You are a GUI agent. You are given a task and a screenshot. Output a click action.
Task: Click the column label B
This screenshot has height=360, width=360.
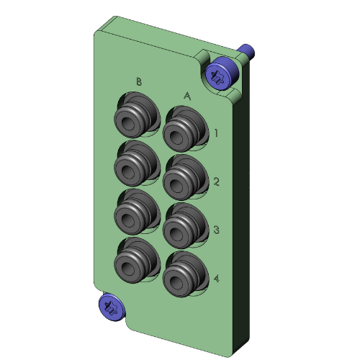[139, 81]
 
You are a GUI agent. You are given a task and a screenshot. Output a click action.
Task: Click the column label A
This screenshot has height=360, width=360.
[187, 95]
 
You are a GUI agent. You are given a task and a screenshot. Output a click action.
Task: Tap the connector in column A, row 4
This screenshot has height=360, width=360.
[180, 274]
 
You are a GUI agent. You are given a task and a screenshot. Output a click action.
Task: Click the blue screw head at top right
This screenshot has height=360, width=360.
[219, 74]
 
